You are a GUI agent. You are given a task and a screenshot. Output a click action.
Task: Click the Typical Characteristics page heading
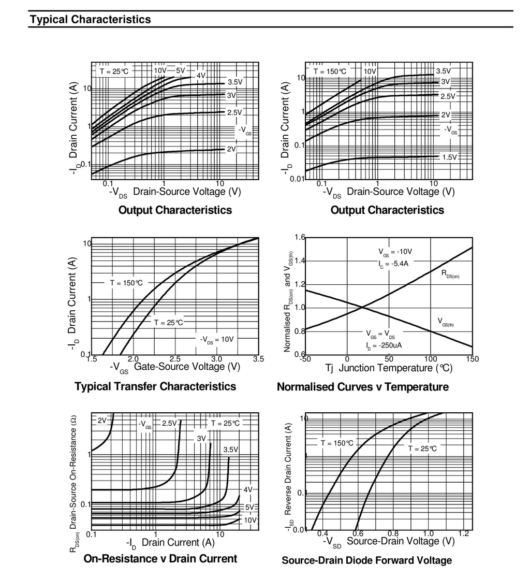[x=91, y=20]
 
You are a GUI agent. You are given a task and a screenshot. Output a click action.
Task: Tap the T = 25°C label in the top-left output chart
[x=114, y=71]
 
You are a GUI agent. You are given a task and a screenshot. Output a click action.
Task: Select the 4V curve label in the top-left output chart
[x=201, y=76]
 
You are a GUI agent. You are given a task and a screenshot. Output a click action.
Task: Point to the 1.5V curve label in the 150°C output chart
[x=450, y=157]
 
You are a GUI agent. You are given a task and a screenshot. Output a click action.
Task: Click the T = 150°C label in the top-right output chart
[x=330, y=71]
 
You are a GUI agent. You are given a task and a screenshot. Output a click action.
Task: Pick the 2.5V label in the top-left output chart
[x=235, y=112]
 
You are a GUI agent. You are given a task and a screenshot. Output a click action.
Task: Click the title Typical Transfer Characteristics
[x=155, y=387]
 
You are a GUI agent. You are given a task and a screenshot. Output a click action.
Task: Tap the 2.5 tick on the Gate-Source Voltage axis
[x=175, y=359]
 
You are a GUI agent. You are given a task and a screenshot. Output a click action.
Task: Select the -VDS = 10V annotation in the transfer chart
[x=217, y=340]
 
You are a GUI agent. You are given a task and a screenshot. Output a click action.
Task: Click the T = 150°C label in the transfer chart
[x=126, y=283]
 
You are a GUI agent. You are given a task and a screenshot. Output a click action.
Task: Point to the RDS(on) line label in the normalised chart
[x=450, y=274]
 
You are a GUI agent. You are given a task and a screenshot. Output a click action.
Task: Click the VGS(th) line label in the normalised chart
[x=446, y=322]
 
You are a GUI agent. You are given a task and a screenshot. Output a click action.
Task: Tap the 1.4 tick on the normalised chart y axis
[x=300, y=261]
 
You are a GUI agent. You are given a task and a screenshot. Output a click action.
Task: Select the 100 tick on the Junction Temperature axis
[x=430, y=359]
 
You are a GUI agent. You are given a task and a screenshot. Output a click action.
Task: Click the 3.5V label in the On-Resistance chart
[x=231, y=450]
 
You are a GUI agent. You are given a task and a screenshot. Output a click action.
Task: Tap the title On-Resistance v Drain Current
[x=160, y=559]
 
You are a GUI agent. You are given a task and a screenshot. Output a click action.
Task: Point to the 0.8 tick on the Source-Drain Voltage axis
[x=393, y=533]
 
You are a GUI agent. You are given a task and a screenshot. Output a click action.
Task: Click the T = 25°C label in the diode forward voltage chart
[x=422, y=448]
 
